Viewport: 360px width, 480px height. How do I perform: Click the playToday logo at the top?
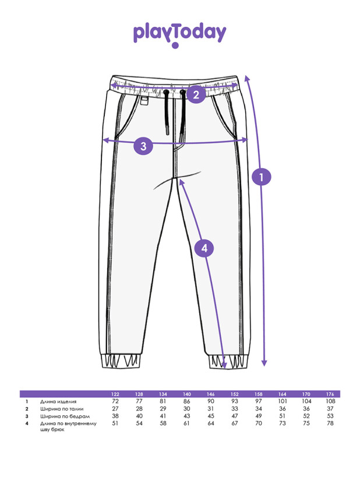(x=179, y=34)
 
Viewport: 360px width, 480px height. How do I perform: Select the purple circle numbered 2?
(x=196, y=94)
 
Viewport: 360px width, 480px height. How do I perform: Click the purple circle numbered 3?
(x=143, y=145)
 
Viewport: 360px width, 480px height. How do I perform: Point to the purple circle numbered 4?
(x=204, y=249)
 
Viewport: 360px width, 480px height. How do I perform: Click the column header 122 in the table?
(x=115, y=394)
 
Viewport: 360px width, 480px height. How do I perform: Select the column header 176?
(x=330, y=394)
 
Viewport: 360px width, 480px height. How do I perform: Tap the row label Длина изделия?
(x=58, y=402)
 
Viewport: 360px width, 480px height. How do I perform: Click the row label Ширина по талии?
(x=59, y=409)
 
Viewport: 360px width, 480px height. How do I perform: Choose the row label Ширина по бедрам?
(x=61, y=417)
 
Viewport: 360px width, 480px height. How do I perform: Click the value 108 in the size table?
(x=330, y=402)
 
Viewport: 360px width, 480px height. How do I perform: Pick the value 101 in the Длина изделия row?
(x=283, y=402)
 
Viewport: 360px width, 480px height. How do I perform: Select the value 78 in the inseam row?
(x=330, y=423)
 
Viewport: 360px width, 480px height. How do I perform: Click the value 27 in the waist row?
(x=115, y=409)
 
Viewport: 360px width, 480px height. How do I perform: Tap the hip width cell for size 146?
(x=211, y=417)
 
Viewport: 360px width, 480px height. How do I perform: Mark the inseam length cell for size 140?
(x=187, y=423)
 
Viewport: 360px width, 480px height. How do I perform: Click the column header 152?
(x=235, y=394)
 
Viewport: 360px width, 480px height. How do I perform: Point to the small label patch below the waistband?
(x=144, y=101)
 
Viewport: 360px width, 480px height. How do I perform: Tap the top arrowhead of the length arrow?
(x=248, y=77)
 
